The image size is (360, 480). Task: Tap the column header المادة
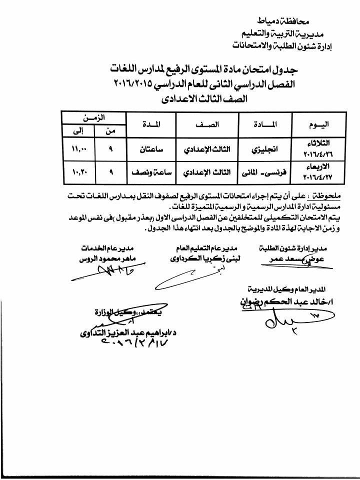tap(259, 124)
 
